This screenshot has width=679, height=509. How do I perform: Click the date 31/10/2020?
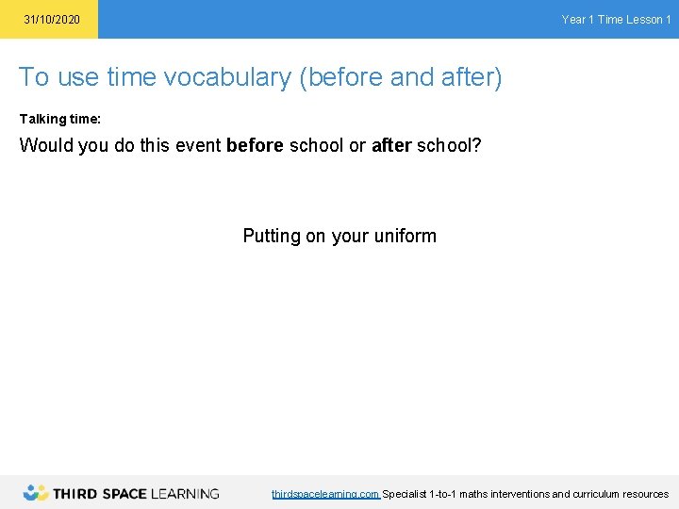click(52, 20)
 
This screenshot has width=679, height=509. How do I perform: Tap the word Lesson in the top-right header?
click(643, 20)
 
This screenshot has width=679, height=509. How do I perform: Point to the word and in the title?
click(411, 77)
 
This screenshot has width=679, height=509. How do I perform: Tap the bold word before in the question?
click(255, 146)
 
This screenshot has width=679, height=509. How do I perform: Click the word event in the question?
click(198, 146)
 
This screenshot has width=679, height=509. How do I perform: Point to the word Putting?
click(271, 236)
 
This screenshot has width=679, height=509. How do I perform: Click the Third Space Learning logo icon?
click(36, 493)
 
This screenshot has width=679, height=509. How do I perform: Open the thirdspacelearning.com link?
click(325, 494)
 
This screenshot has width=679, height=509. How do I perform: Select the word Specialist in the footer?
click(404, 494)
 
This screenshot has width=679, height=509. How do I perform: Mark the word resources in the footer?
click(646, 494)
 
